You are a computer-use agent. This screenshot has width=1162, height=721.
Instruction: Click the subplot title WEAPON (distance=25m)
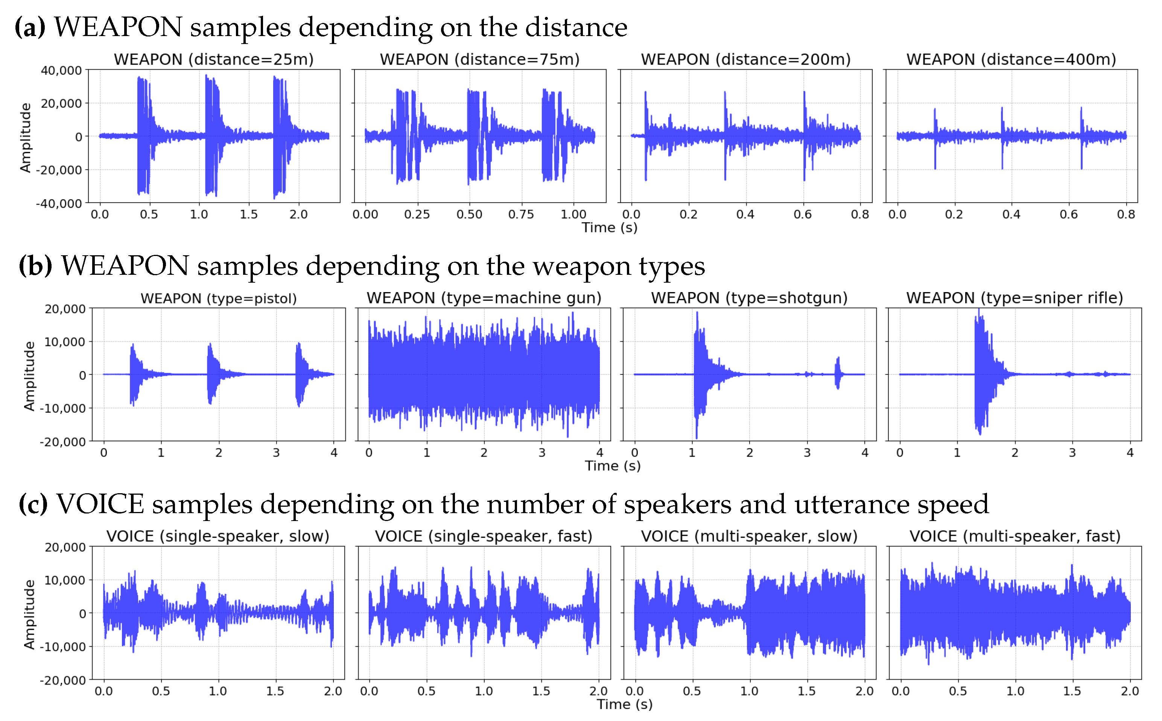coord(213,60)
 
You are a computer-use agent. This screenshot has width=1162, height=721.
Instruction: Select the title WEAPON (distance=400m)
coord(1011,60)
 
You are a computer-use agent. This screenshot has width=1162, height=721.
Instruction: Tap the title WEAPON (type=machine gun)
coord(484,298)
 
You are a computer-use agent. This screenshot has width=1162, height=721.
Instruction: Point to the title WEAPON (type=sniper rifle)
coord(1014,298)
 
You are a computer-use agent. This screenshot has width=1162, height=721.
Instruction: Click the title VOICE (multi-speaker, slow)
coord(749,536)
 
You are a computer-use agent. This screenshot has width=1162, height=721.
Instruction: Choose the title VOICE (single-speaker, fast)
coord(484,536)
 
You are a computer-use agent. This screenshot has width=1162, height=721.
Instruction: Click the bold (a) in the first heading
coord(30,27)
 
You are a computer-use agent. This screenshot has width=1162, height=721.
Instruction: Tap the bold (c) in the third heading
coord(33,504)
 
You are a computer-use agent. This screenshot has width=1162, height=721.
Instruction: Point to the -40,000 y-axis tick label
coord(59,204)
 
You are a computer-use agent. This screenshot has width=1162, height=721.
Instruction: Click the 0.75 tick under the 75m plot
coord(521,215)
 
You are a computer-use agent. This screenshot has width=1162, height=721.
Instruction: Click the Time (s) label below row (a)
coord(609,228)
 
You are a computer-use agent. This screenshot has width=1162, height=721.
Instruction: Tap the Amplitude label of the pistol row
coord(29,376)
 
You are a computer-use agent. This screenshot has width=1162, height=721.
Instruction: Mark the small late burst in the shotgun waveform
coord(838,373)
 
